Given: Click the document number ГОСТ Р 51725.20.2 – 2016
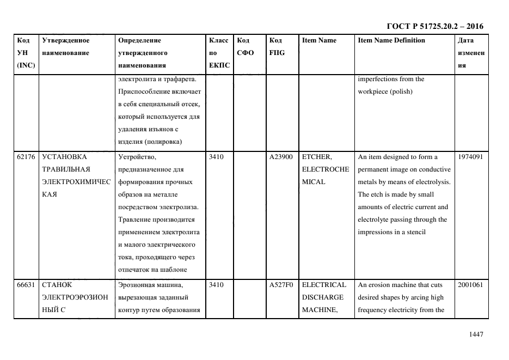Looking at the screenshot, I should (x=434, y=26).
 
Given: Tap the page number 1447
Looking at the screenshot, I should (x=476, y=334).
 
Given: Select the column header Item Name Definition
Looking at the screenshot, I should (x=391, y=40).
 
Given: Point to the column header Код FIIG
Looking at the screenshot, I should (x=277, y=46).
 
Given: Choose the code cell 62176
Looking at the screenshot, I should (x=26, y=157).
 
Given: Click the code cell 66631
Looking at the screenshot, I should (x=26, y=285).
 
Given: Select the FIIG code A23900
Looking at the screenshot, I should (x=281, y=157).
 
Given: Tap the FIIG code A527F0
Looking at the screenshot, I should (x=281, y=285).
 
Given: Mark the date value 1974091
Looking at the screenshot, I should (x=470, y=157).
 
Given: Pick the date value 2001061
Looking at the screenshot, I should (x=470, y=285).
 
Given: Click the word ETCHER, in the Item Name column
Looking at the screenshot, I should (x=316, y=157).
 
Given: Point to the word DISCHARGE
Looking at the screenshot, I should (x=322, y=297).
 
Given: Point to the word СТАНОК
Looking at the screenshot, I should (x=56, y=285).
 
